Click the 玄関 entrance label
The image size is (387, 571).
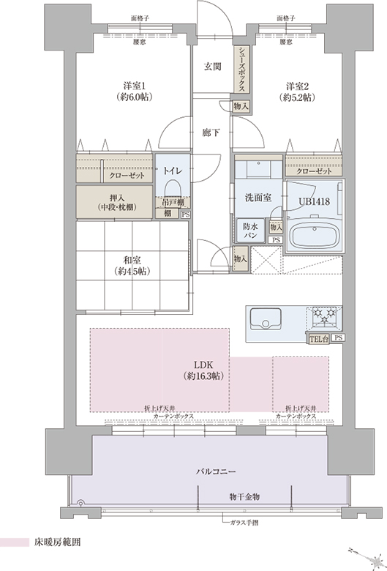[x=212, y=67]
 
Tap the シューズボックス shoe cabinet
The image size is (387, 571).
[x=241, y=70]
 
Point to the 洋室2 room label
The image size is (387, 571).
[x=297, y=86]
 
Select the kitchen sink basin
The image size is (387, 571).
[x=265, y=318]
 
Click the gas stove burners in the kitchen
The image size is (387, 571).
[x=324, y=316]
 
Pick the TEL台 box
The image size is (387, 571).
[x=319, y=339]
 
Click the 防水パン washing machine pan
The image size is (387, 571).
[x=251, y=231]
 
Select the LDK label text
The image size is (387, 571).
[x=203, y=365]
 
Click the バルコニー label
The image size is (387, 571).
[x=216, y=472]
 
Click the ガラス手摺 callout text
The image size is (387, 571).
[x=244, y=523]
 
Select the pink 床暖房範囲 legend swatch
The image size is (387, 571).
[x=15, y=542]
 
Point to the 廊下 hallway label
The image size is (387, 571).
[x=211, y=133]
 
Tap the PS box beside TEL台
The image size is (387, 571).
[x=338, y=338]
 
